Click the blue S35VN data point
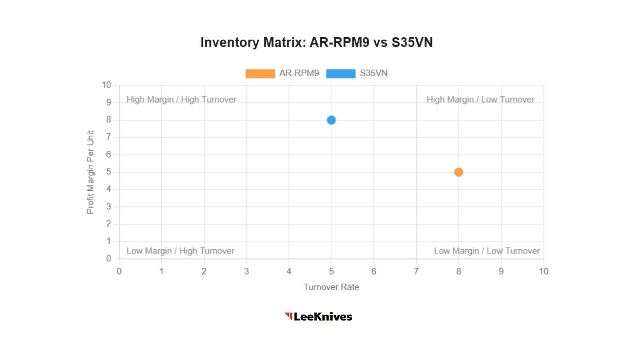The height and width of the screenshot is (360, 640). (x=331, y=120)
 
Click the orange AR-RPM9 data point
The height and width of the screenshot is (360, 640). (x=459, y=172)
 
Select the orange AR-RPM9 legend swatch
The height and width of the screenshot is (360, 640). (x=260, y=73)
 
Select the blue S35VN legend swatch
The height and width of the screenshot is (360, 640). (x=341, y=73)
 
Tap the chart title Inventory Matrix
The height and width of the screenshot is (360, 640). (x=316, y=42)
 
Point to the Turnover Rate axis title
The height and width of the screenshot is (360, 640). (x=331, y=287)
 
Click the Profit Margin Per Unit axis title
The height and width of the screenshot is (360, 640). (x=90, y=172)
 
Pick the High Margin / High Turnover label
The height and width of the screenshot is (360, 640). (x=181, y=99)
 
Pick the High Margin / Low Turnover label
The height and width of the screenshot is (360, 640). (x=480, y=99)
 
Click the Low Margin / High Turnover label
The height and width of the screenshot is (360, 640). (x=180, y=251)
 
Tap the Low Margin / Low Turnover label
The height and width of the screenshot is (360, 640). (x=487, y=251)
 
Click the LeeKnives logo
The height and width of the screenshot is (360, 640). (x=318, y=316)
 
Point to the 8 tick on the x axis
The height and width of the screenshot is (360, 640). (x=459, y=271)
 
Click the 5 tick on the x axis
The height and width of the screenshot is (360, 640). (x=331, y=271)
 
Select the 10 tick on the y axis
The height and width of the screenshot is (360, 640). (x=106, y=85)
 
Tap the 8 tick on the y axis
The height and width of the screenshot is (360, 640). (x=108, y=120)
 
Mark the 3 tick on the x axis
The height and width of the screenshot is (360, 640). (x=246, y=271)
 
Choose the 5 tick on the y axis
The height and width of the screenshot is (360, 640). (x=108, y=172)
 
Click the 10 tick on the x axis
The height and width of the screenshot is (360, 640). (x=544, y=271)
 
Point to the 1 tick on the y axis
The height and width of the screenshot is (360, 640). (x=108, y=241)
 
